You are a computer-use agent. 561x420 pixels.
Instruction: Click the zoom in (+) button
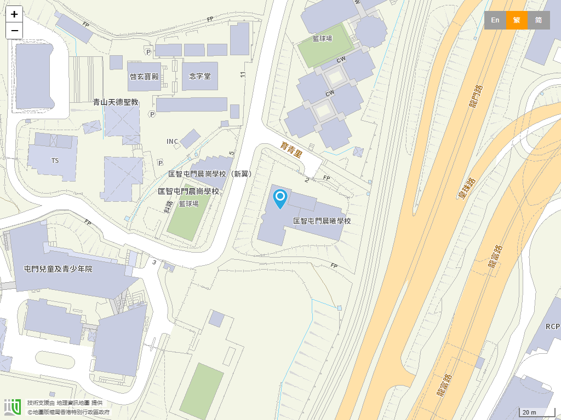click(x=14, y=14)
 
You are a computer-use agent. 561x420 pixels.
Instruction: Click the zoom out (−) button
click(x=14, y=31)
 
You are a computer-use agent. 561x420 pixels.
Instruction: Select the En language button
click(x=495, y=20)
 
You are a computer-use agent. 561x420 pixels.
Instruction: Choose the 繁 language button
click(x=517, y=20)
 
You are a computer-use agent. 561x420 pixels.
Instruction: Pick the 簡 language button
click(x=539, y=20)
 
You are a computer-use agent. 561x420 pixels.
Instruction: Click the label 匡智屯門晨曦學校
click(x=322, y=221)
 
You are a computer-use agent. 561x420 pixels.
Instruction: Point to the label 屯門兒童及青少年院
click(x=59, y=269)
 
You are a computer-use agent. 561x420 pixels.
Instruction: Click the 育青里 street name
click(x=291, y=149)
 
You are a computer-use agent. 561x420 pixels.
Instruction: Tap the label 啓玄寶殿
click(x=144, y=77)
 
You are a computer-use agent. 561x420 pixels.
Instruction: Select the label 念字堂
click(x=200, y=77)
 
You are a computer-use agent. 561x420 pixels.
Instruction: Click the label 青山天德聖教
click(x=116, y=102)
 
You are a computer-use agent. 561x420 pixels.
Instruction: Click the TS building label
click(x=55, y=161)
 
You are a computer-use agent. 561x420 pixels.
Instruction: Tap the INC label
click(x=173, y=142)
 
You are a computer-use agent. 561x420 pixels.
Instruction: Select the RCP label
click(x=553, y=326)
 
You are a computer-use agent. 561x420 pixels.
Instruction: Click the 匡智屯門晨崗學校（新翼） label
click(x=210, y=174)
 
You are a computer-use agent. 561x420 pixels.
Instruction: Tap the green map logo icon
click(x=12, y=407)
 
